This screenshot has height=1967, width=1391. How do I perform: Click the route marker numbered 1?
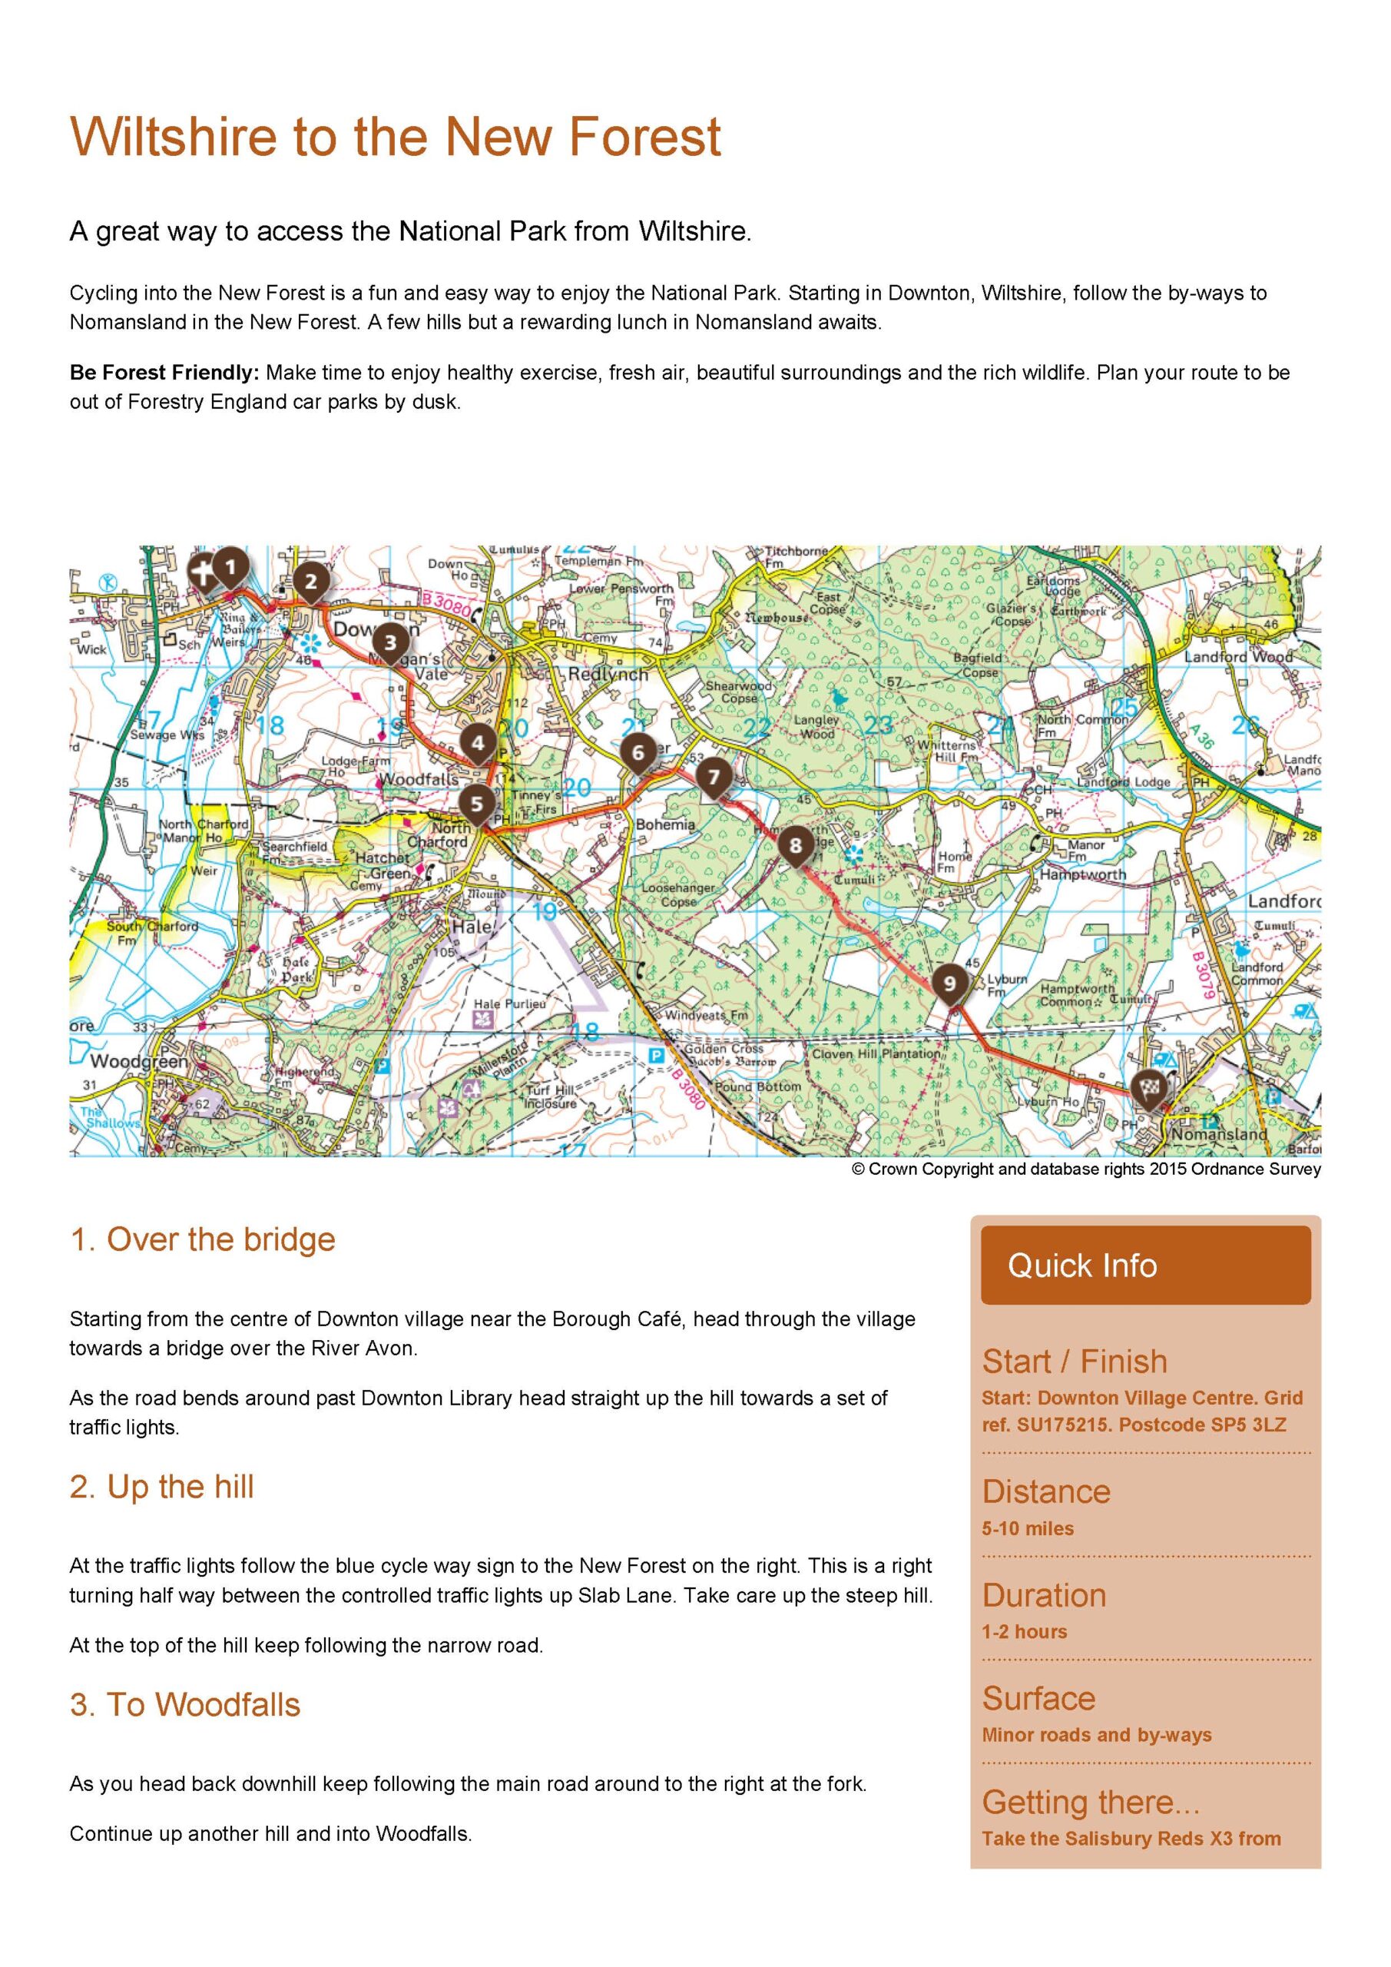pyautogui.click(x=230, y=567)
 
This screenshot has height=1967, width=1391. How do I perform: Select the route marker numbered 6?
pyautogui.click(x=638, y=753)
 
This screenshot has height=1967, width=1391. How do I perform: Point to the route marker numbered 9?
pyautogui.click(x=948, y=983)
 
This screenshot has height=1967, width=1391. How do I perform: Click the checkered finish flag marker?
pyautogui.click(x=1148, y=1089)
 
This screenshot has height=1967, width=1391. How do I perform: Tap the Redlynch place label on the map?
pyautogui.click(x=608, y=674)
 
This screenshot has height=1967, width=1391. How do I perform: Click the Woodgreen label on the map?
pyautogui.click(x=138, y=1061)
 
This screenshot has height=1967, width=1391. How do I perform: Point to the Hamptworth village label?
pyautogui.click(x=1083, y=874)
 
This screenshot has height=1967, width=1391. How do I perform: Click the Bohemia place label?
pyautogui.click(x=665, y=824)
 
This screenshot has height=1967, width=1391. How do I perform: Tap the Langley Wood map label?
pyautogui.click(x=816, y=727)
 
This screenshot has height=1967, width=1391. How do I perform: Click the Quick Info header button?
pyautogui.click(x=1145, y=1265)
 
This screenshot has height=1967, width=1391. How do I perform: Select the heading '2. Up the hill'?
pyautogui.click(x=162, y=1486)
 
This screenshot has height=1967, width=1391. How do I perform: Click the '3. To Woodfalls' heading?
pyautogui.click(x=185, y=1705)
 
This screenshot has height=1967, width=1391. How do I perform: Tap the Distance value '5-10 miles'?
pyautogui.click(x=1027, y=1528)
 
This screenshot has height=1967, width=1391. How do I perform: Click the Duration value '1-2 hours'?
pyautogui.click(x=1024, y=1632)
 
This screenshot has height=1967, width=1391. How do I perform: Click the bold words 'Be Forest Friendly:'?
pyautogui.click(x=164, y=373)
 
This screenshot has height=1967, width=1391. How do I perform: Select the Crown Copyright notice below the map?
pyautogui.click(x=1085, y=1169)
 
